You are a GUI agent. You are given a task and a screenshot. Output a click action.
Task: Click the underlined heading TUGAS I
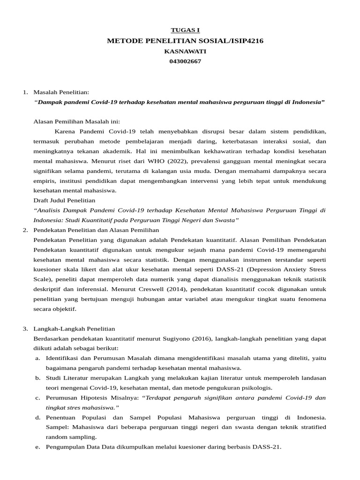pyautogui.click(x=185, y=30)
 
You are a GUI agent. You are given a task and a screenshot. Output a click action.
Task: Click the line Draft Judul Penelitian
pyautogui.click(x=64, y=200)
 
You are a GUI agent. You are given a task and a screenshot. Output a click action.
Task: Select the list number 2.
pyautogui.click(x=25, y=230)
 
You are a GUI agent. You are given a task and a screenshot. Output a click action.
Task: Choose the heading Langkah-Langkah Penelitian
pyautogui.click(x=74, y=329)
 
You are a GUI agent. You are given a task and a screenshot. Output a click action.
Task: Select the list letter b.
pyautogui.click(x=37, y=378)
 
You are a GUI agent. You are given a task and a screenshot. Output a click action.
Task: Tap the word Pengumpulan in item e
pyautogui.click(x=65, y=447)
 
